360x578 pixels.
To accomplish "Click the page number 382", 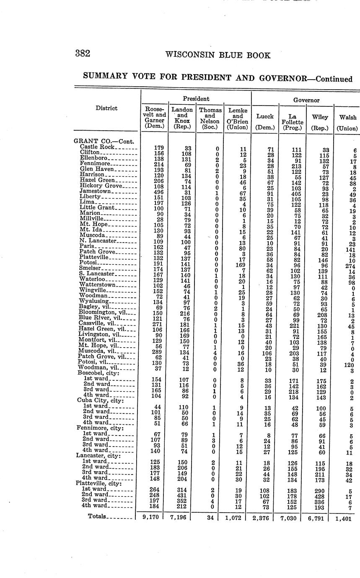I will tap(83, 54).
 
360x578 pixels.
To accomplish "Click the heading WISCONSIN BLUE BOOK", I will tap(218, 55).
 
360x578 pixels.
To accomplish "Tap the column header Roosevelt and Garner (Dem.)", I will tap(154, 118).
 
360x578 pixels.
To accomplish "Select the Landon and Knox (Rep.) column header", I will tap(182, 118).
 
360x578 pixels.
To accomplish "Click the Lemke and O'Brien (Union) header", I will tap(237, 119).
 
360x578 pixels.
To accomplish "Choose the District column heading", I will tap(106, 108).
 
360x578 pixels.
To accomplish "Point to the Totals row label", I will tap(97, 516).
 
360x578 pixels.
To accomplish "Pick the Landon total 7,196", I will tap(180, 517).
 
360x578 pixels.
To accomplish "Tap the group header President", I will tap(196, 99).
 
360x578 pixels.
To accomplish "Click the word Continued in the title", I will tap(334, 79).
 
